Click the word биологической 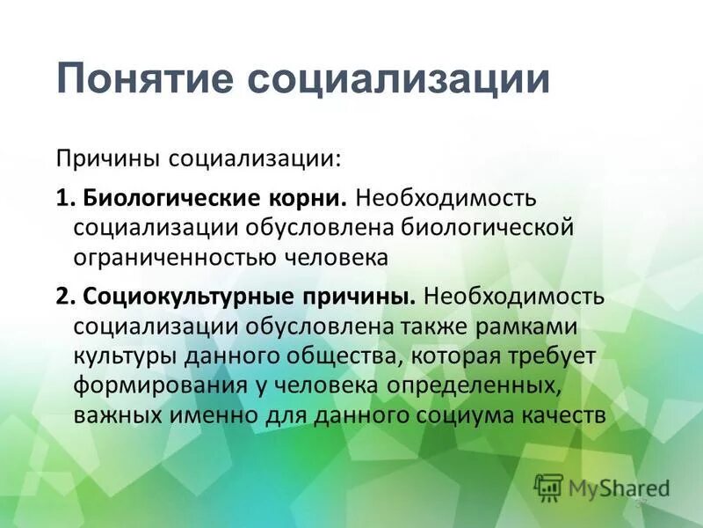pos(488,227)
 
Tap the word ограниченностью pos(180,258)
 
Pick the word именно pos(211,415)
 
